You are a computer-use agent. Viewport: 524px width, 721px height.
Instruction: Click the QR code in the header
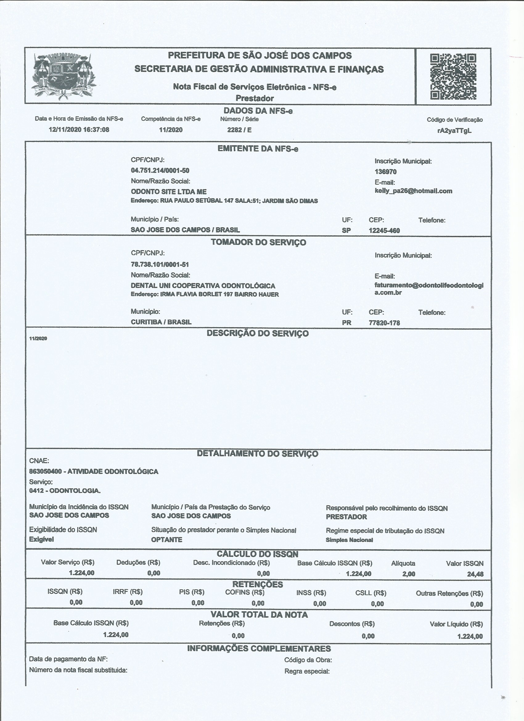point(453,76)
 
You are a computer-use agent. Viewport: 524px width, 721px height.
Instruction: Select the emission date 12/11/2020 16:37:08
point(79,130)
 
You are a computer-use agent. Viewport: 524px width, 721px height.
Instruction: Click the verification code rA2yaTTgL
point(454,131)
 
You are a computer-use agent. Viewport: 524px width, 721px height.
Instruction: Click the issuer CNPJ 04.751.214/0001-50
point(160,171)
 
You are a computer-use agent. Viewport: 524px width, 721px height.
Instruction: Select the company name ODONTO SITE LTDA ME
point(168,192)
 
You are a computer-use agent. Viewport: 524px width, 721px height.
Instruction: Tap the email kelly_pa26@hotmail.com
point(413,191)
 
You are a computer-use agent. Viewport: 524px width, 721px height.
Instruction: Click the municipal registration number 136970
point(386,172)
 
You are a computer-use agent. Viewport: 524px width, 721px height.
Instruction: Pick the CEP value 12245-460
point(384,230)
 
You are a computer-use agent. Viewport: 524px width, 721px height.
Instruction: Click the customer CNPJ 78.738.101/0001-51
point(160,264)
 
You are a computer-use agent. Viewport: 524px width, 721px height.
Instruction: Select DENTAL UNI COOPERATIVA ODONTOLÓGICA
point(203,286)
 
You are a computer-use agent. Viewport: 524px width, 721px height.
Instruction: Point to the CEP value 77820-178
point(384,323)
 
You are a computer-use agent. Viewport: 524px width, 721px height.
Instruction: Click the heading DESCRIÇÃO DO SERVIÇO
point(257,333)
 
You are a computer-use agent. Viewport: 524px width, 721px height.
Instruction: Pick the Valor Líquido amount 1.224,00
point(470,636)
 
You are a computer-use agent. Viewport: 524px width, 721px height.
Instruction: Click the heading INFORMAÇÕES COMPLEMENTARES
point(259,649)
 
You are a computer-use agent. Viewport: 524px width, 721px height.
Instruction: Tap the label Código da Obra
point(308,660)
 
